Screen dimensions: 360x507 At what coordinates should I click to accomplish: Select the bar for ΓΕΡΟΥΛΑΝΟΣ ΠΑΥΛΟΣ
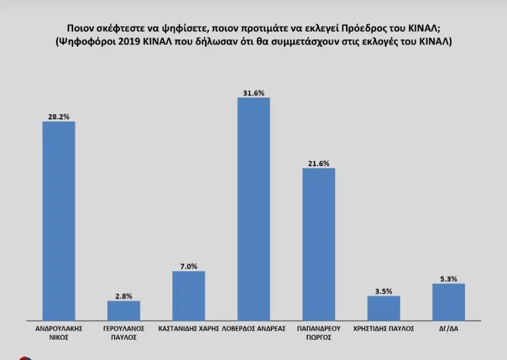click(124, 310)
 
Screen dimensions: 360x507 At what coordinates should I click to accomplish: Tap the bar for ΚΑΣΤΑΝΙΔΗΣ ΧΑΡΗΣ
click(189, 295)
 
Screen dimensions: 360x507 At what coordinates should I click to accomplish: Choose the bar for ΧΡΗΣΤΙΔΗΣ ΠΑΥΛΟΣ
click(384, 308)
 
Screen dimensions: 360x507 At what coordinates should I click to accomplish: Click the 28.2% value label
click(59, 116)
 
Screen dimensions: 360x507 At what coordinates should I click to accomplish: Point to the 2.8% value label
click(124, 296)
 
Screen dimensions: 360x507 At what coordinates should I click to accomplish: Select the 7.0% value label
click(189, 266)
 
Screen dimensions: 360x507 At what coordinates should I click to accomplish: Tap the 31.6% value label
click(253, 92)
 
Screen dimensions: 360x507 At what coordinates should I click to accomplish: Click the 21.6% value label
click(319, 164)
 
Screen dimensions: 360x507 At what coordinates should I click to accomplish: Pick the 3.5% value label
click(384, 291)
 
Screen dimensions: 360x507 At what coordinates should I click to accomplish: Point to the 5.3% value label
click(448, 279)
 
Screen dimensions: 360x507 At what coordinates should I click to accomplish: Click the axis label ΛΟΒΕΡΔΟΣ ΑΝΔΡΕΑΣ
click(253, 328)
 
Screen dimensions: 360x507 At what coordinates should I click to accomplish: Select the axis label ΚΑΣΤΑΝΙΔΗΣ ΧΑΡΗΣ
click(189, 328)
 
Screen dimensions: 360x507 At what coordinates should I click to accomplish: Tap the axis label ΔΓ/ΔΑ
click(448, 328)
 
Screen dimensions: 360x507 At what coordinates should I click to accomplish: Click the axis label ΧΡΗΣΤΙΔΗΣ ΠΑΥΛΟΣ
click(384, 328)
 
